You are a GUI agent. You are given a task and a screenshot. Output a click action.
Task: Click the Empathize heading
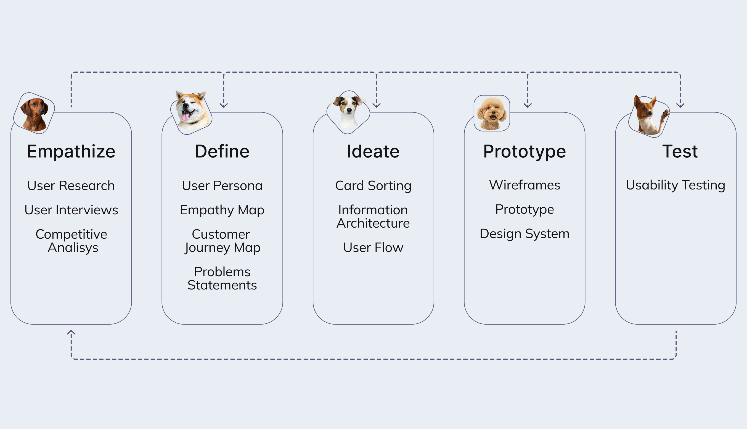[71, 151]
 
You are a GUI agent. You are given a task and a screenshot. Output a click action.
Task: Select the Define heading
[222, 151]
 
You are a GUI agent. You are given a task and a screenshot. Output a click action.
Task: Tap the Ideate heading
[373, 151]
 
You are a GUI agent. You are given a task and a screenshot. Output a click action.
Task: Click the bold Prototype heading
[525, 151]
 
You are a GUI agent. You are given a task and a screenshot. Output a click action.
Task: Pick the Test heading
[680, 151]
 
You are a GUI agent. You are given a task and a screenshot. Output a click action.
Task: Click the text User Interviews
[71, 210]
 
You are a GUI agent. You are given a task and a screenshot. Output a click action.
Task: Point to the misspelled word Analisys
[73, 248]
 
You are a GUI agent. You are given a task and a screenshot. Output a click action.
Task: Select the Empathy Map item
[222, 210]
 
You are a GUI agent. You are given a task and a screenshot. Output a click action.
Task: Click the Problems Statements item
[222, 278]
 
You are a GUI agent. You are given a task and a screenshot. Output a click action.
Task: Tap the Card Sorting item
[373, 186]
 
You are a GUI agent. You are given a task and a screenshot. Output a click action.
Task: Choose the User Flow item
[373, 248]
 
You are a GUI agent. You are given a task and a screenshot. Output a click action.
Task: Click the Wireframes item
[525, 185]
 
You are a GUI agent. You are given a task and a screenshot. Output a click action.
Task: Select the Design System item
[525, 234]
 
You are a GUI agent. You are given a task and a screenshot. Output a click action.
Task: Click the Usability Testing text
[675, 185]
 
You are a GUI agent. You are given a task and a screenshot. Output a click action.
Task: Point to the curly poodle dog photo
[491, 114]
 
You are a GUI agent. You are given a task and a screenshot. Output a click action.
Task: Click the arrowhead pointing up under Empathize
[71, 332]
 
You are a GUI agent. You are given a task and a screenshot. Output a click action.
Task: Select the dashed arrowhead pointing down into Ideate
[376, 105]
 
